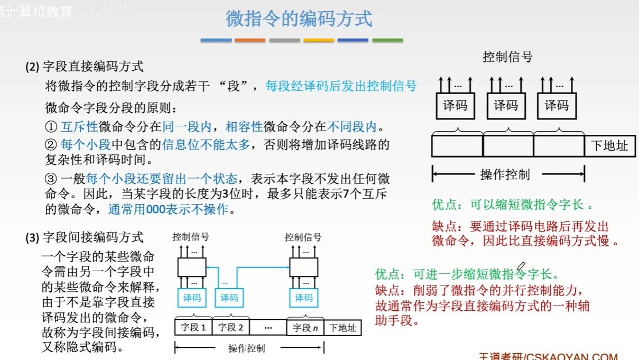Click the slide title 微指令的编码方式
299,19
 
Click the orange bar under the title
250,40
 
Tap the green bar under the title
387,40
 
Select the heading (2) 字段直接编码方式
85,67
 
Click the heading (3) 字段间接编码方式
85,238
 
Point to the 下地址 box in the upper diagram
609,146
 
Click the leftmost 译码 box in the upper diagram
455,106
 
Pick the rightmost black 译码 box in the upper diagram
557,106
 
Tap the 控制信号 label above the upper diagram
507,57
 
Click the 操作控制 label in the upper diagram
505,174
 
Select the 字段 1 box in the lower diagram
193,327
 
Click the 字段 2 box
230,327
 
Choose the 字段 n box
305,327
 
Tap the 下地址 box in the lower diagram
343,327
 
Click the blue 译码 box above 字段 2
229,298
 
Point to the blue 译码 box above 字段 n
304,298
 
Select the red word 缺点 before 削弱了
387,290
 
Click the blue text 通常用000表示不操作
168,209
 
